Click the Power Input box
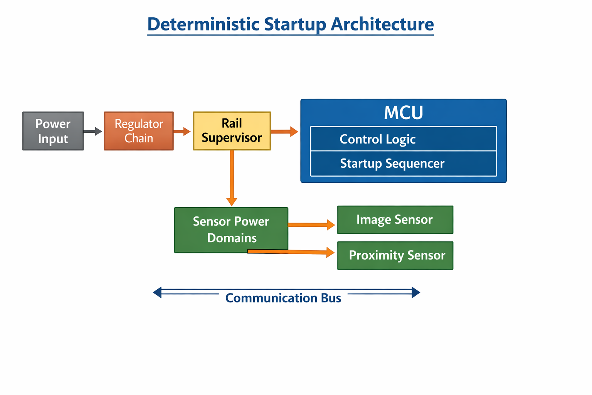tap(53, 131)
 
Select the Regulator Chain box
tap(139, 131)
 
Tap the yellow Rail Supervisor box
tap(232, 131)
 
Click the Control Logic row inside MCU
tap(403, 139)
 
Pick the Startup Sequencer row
tap(403, 164)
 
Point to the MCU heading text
tap(403, 113)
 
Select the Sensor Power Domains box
tap(231, 230)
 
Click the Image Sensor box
tap(395, 220)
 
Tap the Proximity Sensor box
tap(395, 255)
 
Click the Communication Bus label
tap(283, 298)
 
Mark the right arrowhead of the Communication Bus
tap(415, 292)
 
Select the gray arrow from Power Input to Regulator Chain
tap(92, 132)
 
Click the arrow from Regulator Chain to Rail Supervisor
tap(182, 132)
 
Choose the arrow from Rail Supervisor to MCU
tap(284, 132)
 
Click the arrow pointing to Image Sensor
tap(311, 225)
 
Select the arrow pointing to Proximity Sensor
tap(293, 252)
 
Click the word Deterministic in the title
tap(203, 24)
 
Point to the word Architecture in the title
tap(382, 24)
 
